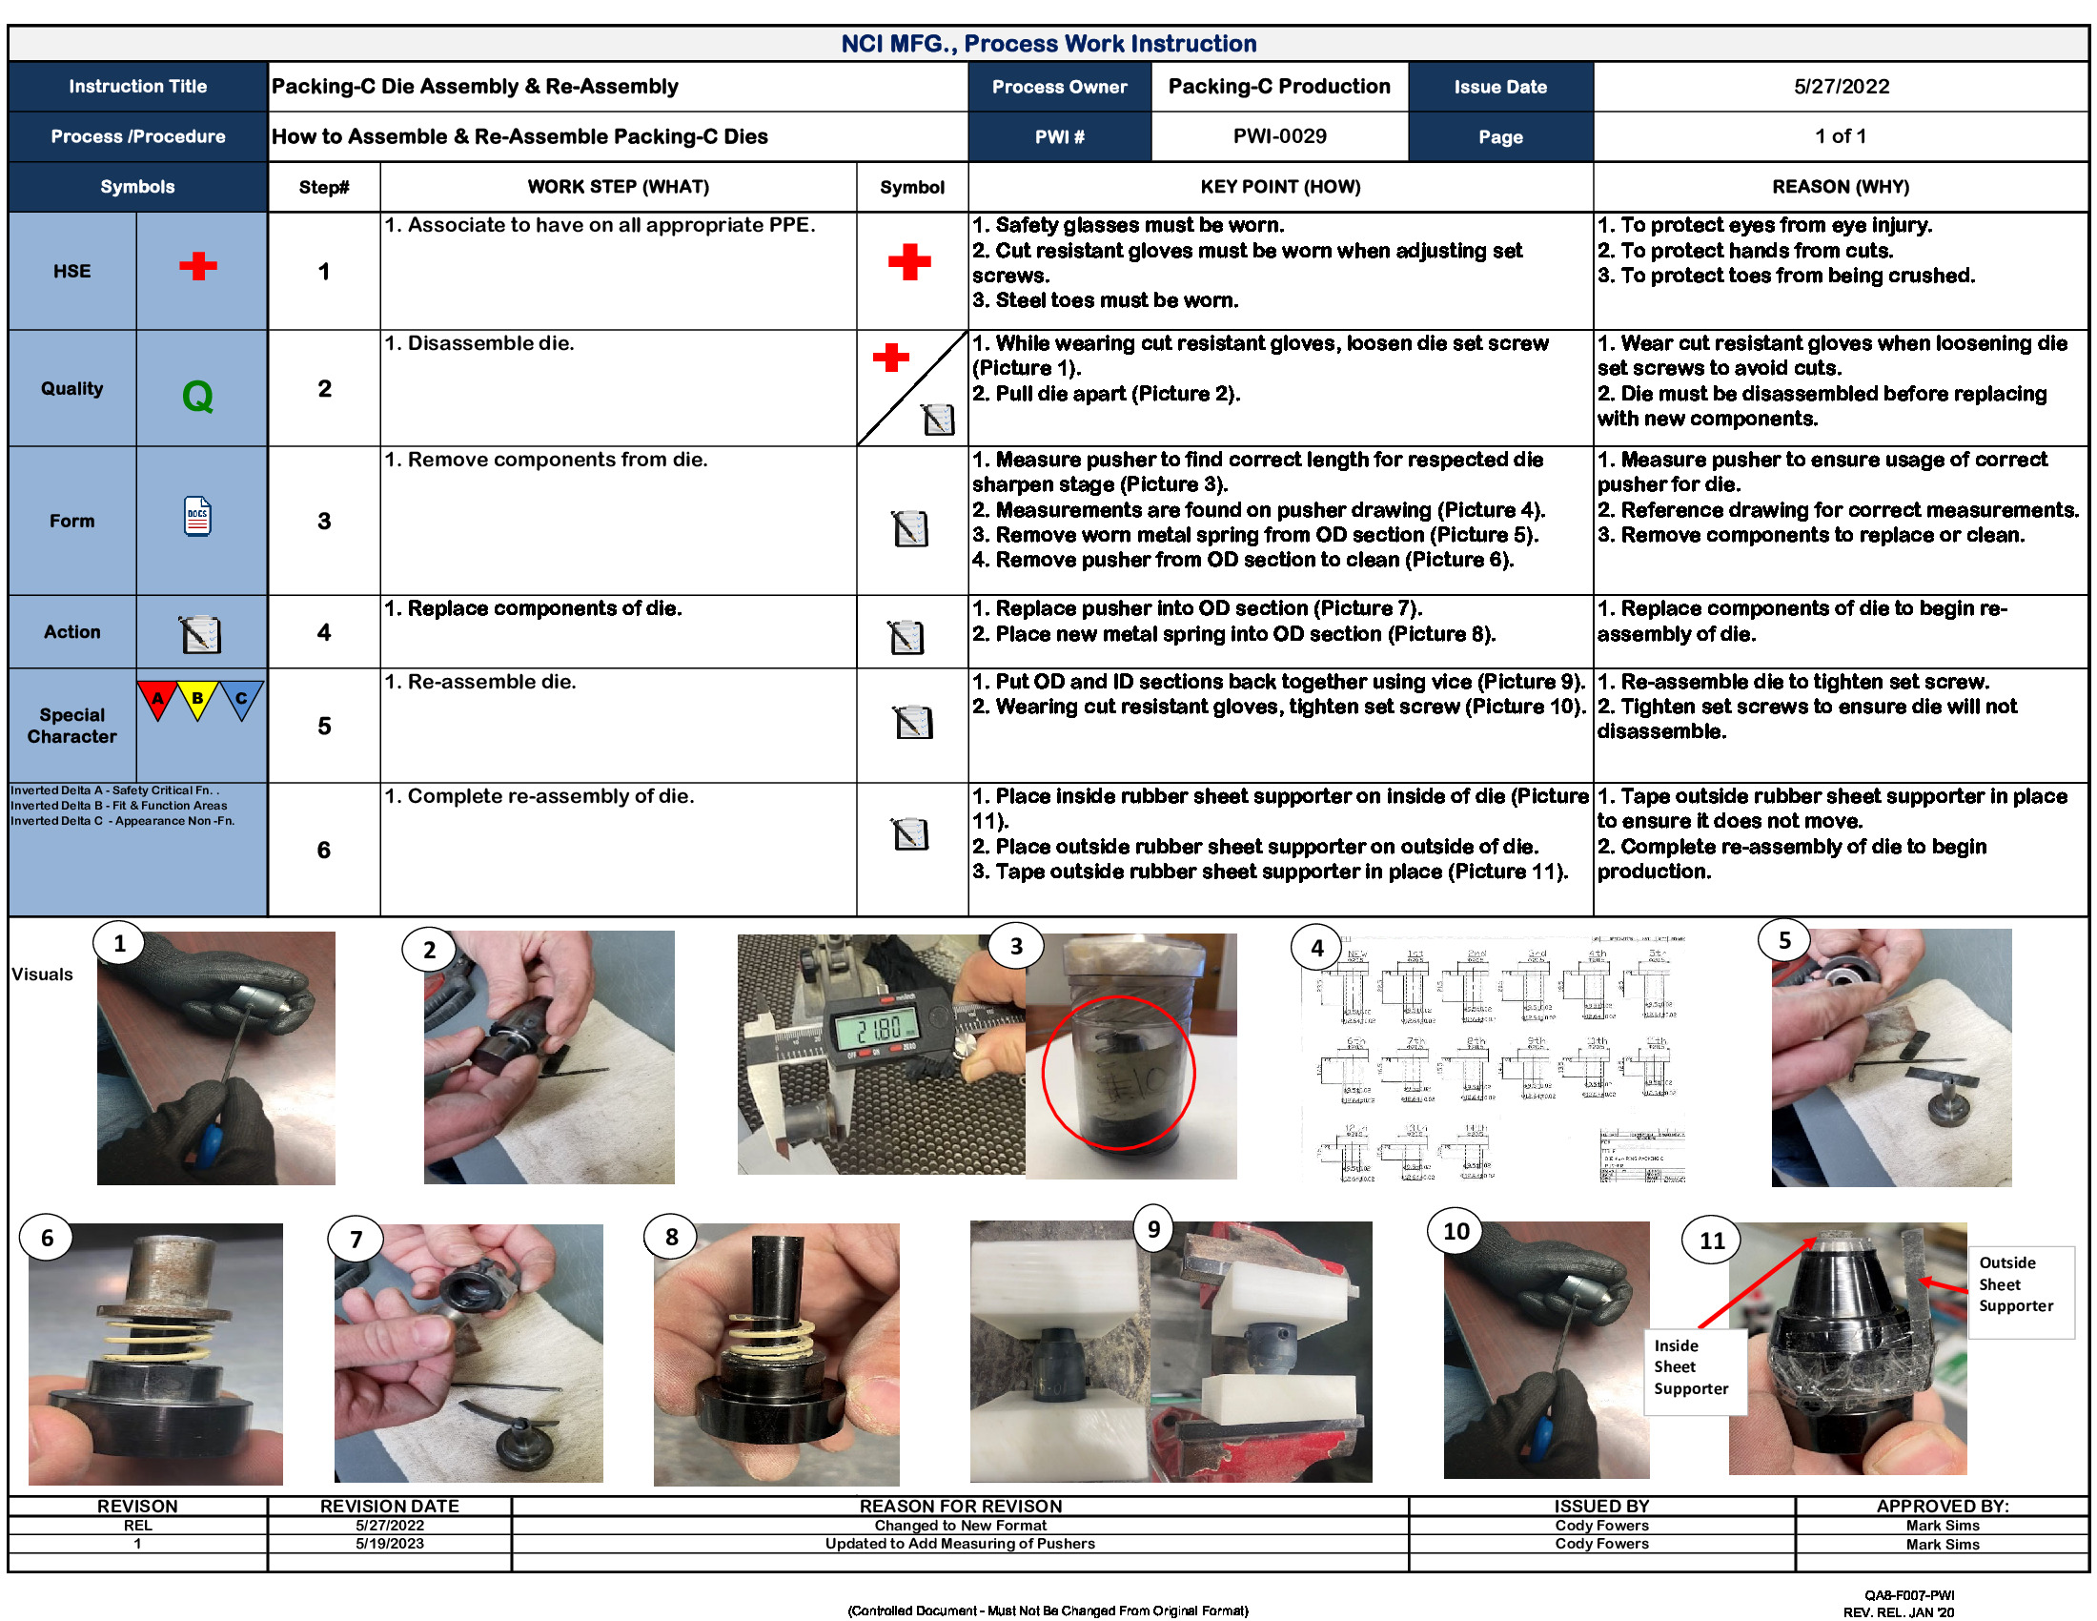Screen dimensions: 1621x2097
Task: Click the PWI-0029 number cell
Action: [1279, 136]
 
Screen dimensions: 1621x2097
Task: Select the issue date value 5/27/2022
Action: [1840, 87]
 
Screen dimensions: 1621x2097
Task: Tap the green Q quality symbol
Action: [198, 396]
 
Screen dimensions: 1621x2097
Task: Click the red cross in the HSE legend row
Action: [198, 266]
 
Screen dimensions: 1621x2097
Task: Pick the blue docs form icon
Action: [198, 517]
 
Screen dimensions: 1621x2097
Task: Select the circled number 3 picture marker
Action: [1016, 947]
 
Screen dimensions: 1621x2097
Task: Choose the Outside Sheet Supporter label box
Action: [2018, 1285]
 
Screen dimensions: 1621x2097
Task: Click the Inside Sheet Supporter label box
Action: [1692, 1367]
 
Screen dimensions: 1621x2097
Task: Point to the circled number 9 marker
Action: [1153, 1229]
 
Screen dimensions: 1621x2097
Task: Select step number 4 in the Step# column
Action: [323, 632]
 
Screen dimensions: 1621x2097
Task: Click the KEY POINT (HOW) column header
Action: [1280, 187]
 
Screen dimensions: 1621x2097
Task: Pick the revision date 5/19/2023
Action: [389, 1543]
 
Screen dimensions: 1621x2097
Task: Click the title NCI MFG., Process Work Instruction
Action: [1048, 44]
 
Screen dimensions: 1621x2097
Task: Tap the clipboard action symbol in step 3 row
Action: [910, 528]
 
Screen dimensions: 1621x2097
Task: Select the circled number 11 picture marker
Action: [1711, 1241]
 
